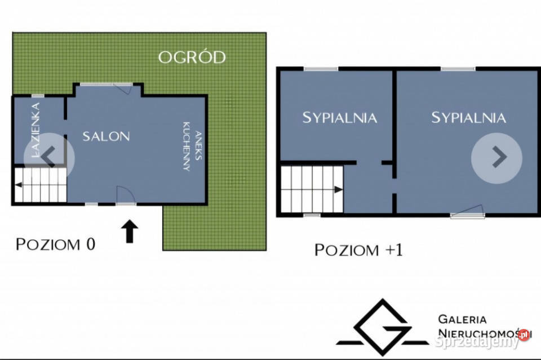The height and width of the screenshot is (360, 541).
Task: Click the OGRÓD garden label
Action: pos(192,57)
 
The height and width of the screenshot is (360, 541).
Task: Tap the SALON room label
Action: pos(107,136)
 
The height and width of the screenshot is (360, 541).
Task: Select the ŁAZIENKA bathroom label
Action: pos(36,130)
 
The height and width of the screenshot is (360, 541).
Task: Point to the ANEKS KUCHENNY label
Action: pos(192,146)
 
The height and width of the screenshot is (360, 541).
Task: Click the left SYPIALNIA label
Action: pos(339,118)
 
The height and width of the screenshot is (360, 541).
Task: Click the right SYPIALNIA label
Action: pos(468,118)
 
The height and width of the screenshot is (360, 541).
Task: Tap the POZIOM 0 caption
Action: pos(55,244)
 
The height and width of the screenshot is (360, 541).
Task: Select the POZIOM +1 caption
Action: pos(358,250)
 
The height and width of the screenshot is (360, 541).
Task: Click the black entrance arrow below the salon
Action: pos(130,231)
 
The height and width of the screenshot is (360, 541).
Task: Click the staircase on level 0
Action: pos(41,185)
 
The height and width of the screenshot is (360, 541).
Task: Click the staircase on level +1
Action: pos(312,189)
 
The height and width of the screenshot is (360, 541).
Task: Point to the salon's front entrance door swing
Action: pos(125,195)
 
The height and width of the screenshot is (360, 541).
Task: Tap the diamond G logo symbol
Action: pos(383,327)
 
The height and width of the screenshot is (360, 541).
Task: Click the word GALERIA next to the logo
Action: pos(462,319)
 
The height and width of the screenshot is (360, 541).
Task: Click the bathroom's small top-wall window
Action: pos(38,96)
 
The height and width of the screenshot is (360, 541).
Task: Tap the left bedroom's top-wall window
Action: pos(321,69)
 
